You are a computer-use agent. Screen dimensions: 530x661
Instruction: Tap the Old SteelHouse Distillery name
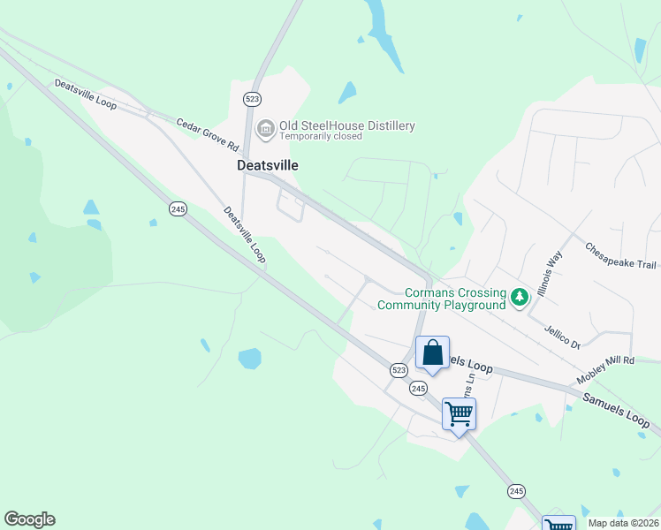(347, 125)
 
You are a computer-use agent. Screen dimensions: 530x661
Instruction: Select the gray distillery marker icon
(264, 130)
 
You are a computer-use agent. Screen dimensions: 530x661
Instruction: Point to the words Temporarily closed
(321, 137)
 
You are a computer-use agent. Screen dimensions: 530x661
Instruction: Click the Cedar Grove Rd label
(208, 134)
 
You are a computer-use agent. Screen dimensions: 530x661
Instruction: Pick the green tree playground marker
(520, 297)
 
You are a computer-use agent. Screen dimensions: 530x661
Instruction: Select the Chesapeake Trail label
(621, 256)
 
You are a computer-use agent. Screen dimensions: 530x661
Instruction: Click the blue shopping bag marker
(433, 353)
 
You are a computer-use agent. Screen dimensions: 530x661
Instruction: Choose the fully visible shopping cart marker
(459, 413)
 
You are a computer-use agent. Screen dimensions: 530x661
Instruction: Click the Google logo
(29, 519)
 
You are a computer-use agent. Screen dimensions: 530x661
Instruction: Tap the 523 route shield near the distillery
(253, 98)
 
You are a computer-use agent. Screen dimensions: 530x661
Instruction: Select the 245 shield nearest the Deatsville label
(178, 208)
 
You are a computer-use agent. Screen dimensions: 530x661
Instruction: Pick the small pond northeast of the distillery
(347, 92)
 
